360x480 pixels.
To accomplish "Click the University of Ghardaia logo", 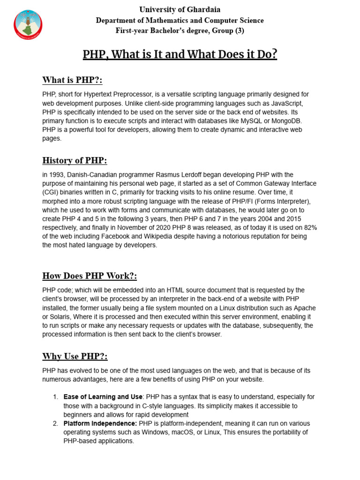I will pyautogui.click(x=28, y=24).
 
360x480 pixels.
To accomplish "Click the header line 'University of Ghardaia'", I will pyautogui.click(x=180, y=9).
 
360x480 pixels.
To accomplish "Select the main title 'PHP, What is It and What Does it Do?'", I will pyautogui.click(x=180, y=54).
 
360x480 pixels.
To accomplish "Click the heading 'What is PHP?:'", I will pyautogui.click(x=72, y=79).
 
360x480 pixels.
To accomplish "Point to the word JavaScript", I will pyautogui.click(x=288, y=103).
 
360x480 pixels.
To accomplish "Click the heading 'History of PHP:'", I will pyautogui.click(x=75, y=160).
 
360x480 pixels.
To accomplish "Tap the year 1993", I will pyautogui.click(x=56, y=175).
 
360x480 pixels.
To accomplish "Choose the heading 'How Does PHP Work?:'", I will pyautogui.click(x=90, y=276).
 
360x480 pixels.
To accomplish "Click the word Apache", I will pyautogui.click(x=305, y=308).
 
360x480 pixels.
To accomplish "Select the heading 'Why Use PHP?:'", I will pyautogui.click(x=75, y=356).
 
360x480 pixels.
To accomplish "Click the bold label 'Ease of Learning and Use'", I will pyautogui.click(x=102, y=397).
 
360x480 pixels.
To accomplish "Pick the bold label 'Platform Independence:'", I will pyautogui.click(x=100, y=423).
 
